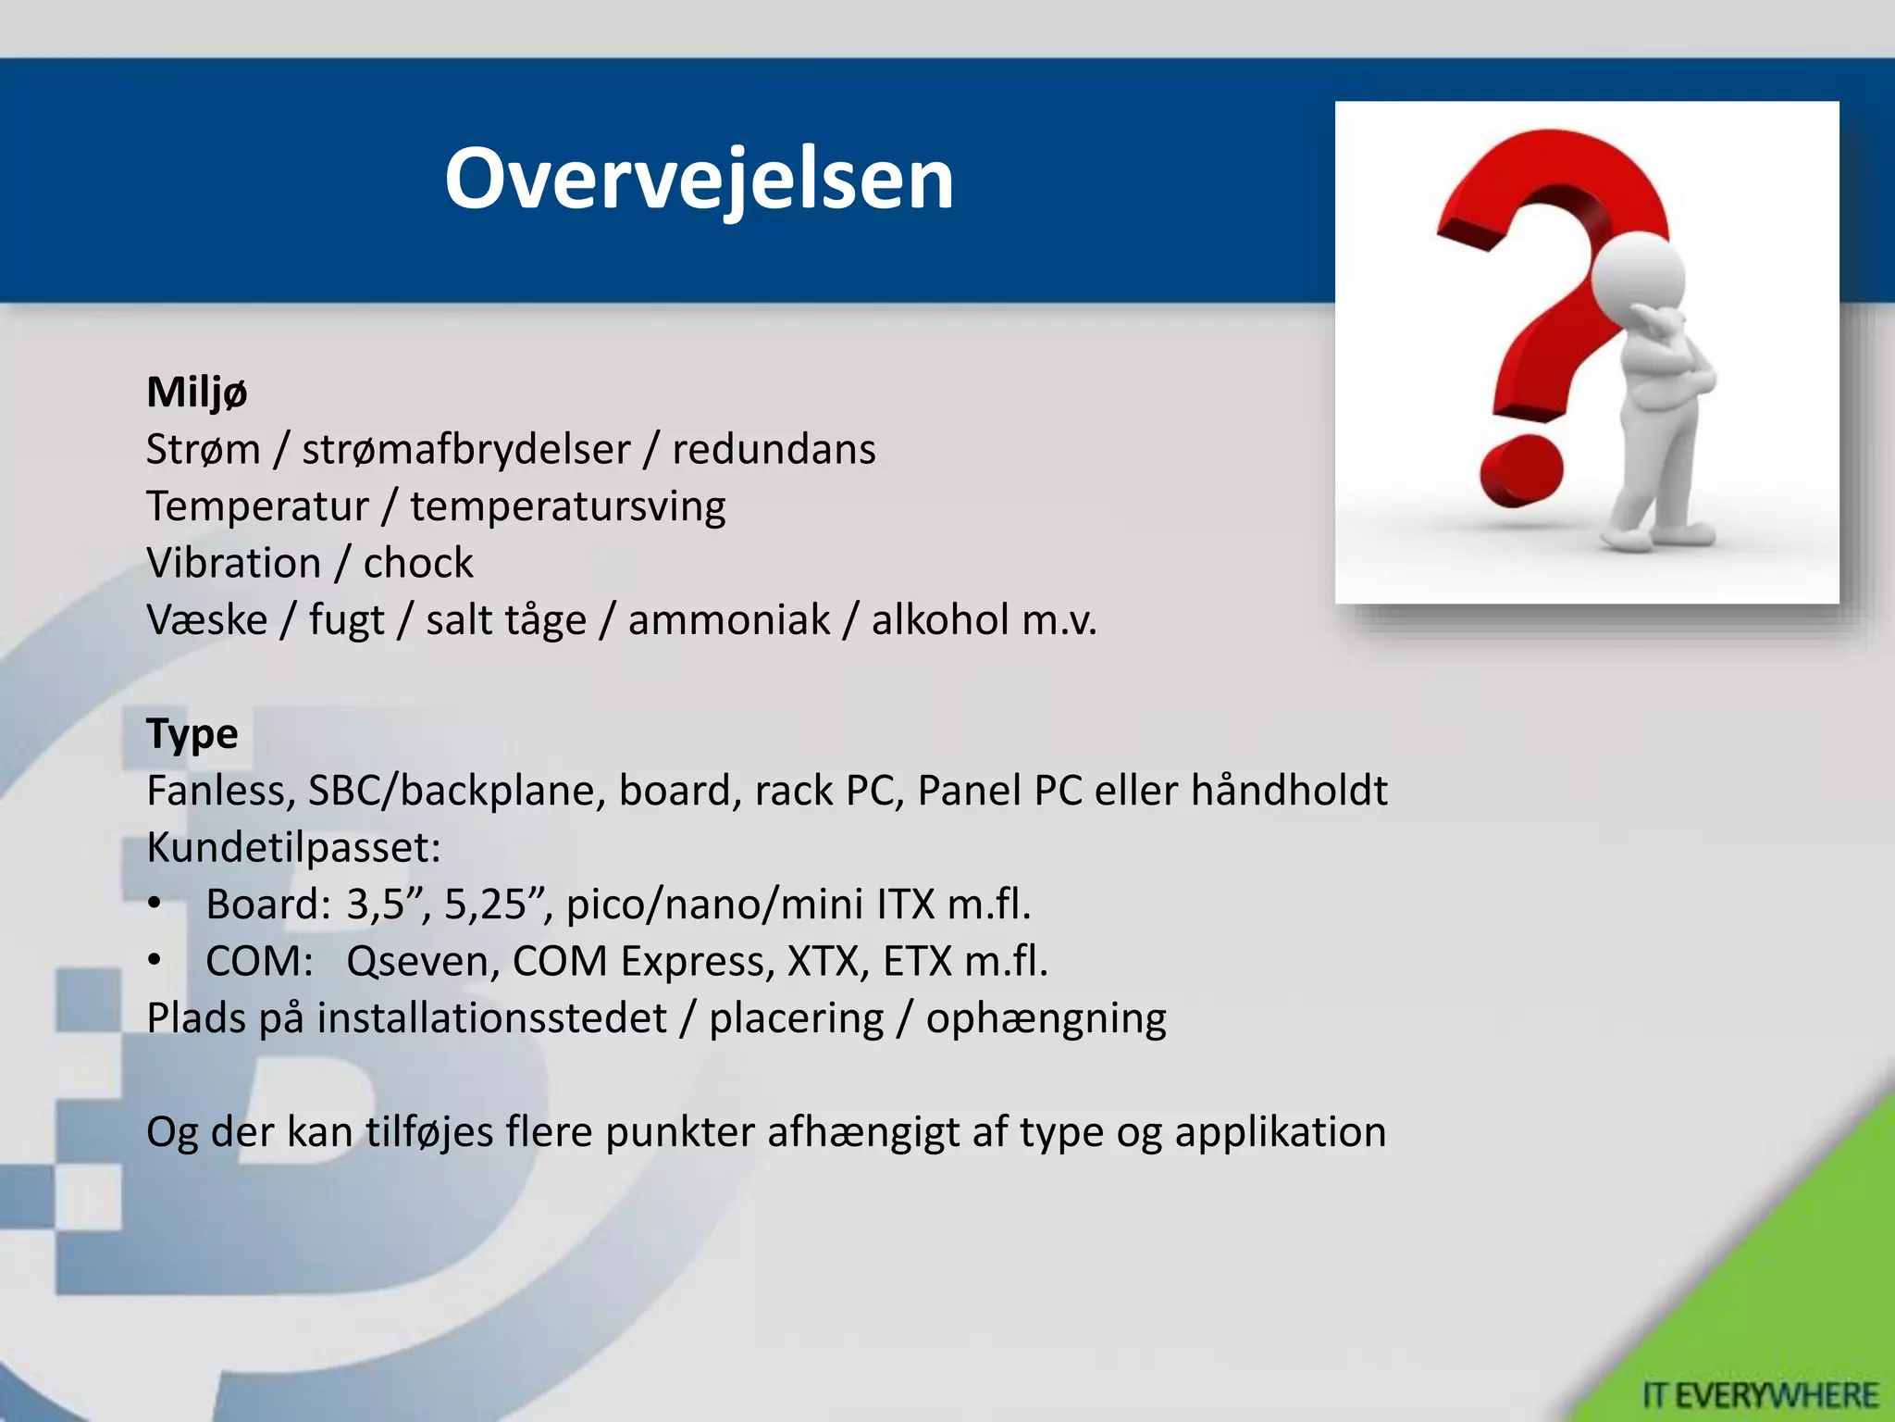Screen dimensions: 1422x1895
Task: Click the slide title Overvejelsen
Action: click(699, 179)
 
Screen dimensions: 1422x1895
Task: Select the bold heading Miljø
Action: click(196, 393)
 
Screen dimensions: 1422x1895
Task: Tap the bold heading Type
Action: click(192, 734)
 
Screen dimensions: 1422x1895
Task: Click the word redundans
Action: click(774, 450)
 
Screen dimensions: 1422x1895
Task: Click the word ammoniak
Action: click(728, 620)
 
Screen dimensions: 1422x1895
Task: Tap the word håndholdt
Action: click(1288, 791)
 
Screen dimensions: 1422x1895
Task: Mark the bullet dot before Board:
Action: click(155, 904)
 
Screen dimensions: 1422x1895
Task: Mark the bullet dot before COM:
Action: click(155, 961)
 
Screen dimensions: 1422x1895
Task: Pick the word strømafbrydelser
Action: click(465, 450)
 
